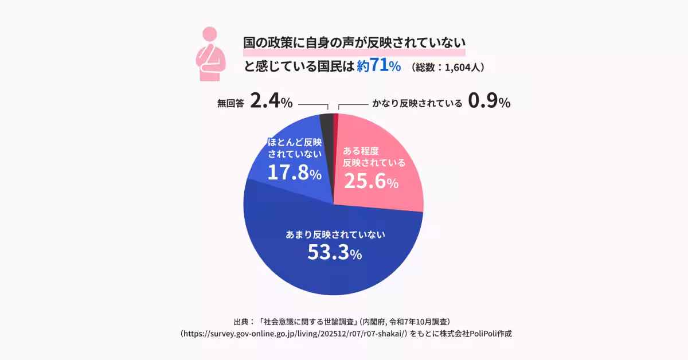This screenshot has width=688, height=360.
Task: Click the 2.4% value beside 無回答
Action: pyautogui.click(x=272, y=102)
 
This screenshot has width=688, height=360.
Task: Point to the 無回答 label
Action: pyautogui.click(x=230, y=104)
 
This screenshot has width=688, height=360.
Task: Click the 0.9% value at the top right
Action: pyautogui.click(x=489, y=102)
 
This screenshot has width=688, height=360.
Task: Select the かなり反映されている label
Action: pyautogui.click(x=417, y=104)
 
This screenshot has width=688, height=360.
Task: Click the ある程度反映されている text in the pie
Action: pyautogui.click(x=374, y=156)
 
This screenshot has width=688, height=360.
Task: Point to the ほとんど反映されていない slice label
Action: pyautogui.click(x=295, y=148)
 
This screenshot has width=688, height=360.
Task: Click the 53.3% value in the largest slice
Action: pyautogui.click(x=334, y=252)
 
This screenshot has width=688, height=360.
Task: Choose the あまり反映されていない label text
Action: pyautogui.click(x=335, y=234)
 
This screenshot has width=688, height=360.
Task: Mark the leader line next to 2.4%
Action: pyautogui.click(x=312, y=105)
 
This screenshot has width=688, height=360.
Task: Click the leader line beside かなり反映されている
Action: pyautogui.click(x=352, y=105)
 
